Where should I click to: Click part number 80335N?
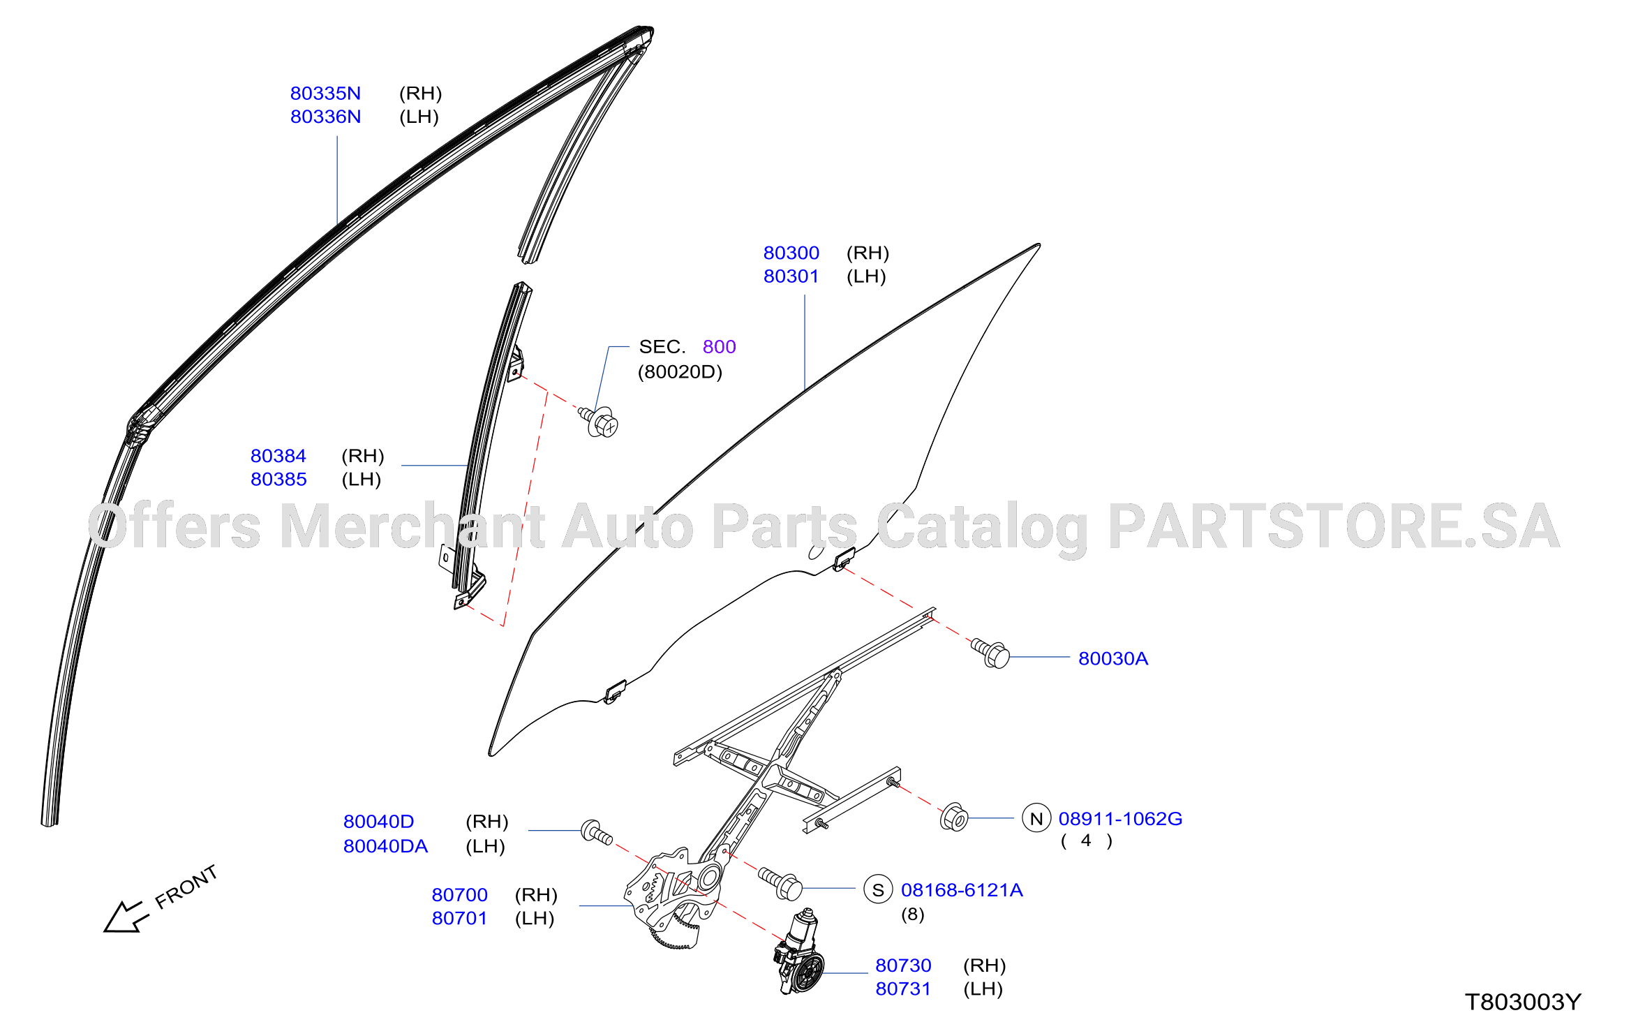tap(325, 94)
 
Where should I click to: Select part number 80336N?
tap(325, 117)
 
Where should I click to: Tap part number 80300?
tap(791, 253)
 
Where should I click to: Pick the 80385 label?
tap(278, 480)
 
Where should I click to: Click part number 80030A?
tap(1113, 658)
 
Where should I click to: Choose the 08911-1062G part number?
tap(1120, 819)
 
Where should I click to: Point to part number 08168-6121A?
tap(962, 890)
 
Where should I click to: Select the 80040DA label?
tap(385, 846)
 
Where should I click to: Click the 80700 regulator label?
tap(459, 895)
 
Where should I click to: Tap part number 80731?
tap(903, 989)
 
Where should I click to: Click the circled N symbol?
tap(1036, 818)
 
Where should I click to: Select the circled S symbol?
tap(878, 889)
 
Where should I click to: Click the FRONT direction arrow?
tap(126, 916)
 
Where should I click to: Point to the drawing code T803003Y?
tap(1523, 1002)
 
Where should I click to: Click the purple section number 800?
tap(719, 347)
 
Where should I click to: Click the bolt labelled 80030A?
tap(990, 653)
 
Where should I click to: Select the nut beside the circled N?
tap(954, 817)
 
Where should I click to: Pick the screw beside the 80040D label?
tap(597, 832)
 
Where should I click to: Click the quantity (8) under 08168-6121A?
tap(912, 915)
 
